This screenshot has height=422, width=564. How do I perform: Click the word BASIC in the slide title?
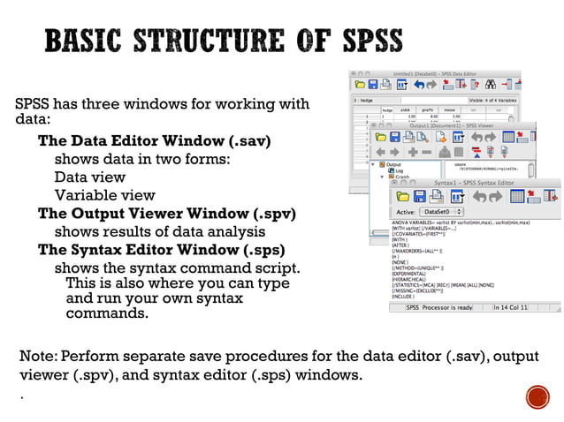tap(85, 41)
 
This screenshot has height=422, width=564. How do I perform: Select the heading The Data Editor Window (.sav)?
tap(154, 141)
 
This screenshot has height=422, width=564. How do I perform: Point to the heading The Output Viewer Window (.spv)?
tap(166, 213)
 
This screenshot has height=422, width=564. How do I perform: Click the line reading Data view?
tap(90, 177)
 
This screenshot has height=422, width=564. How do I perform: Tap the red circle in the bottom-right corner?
tap(537, 396)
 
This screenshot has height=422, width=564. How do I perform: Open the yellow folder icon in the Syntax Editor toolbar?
tap(403, 195)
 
